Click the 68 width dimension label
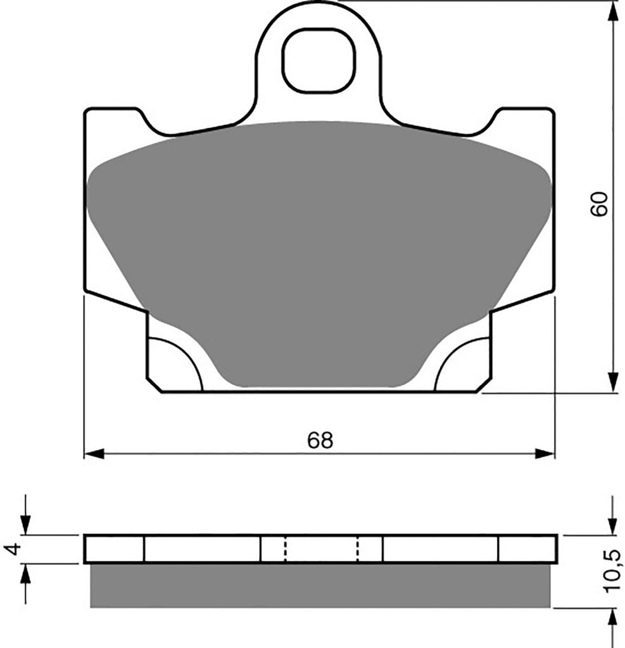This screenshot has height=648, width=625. tap(320, 440)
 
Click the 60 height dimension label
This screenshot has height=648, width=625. tap(599, 204)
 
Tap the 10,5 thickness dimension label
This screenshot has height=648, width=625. tap(612, 571)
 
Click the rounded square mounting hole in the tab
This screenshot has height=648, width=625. tap(319, 61)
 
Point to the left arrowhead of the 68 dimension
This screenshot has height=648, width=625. tap(94, 453)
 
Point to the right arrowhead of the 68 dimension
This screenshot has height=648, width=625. tap(545, 453)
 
